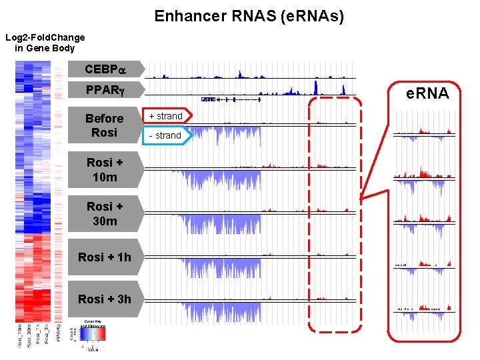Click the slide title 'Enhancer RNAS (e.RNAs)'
point(249,16)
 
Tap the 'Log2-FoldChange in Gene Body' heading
point(45,43)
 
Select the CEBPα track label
point(105,69)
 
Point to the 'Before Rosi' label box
point(105,125)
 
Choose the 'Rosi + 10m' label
point(105,170)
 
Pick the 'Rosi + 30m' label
point(105,213)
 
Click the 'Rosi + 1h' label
point(105,257)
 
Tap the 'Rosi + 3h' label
point(105,299)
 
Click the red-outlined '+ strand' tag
point(165,116)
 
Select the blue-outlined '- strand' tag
point(165,135)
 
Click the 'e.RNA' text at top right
point(427,93)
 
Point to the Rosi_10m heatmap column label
point(21,336)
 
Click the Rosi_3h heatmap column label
point(46,335)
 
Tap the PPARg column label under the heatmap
point(59,335)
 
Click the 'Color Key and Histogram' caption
point(92,323)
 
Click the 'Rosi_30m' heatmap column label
point(29,336)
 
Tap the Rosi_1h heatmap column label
point(38,335)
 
